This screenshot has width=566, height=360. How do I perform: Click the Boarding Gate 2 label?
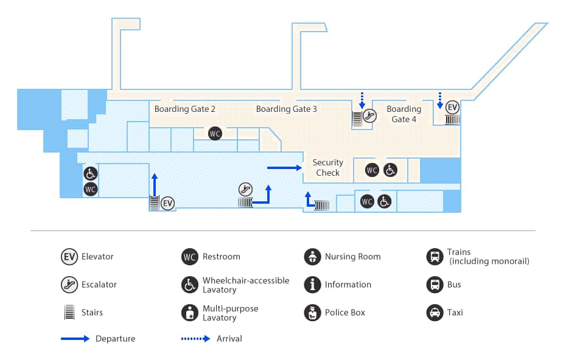pos(184,109)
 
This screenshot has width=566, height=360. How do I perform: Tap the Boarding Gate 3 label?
pos(286,109)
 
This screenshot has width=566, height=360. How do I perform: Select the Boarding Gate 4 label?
pos(404,114)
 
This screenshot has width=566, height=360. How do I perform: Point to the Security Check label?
pos(327,167)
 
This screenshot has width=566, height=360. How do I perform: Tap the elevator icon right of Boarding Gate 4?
pos(452,107)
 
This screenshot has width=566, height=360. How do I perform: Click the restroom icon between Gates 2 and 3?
pos(214,133)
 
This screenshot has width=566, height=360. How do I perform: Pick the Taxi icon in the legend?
pos(435,313)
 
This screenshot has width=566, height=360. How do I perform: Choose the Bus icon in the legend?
pos(435,285)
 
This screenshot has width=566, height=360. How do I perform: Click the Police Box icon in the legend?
pos(312,313)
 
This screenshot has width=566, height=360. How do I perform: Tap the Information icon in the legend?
pos(312,285)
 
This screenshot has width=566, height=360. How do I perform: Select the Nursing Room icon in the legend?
pos(312,257)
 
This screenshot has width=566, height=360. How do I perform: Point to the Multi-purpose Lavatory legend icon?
pos(190,313)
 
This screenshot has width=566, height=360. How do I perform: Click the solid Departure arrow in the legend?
pos(75,339)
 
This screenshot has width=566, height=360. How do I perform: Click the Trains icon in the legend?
pos(435,257)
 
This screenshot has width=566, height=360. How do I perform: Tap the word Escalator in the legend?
pos(99,285)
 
